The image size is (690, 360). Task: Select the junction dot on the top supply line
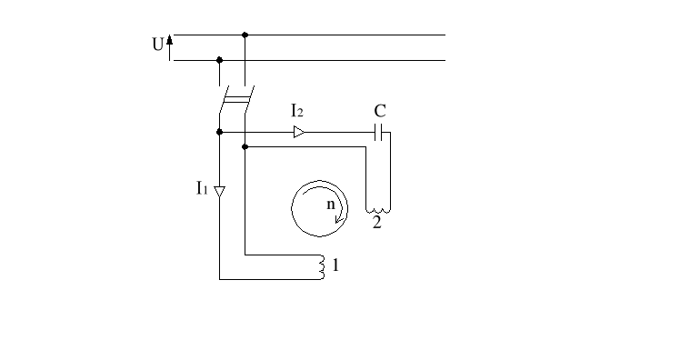point(245,35)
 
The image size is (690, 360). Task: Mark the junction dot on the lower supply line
point(219,60)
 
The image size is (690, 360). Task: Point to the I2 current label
point(297,111)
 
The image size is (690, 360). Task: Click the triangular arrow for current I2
point(299,132)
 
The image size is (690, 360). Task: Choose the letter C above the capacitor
point(380,111)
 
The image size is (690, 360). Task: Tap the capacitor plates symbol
point(380,132)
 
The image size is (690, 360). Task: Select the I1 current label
point(202,188)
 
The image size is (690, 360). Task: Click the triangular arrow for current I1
point(219,191)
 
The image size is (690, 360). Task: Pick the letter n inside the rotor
point(332,205)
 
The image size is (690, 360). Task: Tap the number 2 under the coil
point(376,224)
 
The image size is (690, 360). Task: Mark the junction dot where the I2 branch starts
point(219,132)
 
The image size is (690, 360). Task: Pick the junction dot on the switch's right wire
point(245,145)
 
